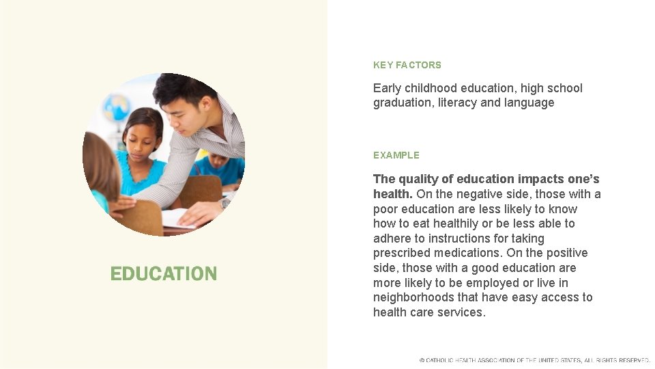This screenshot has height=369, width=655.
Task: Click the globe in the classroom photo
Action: (117, 108)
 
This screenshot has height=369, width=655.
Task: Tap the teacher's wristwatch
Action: (225, 202)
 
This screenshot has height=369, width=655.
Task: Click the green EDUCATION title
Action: (164, 274)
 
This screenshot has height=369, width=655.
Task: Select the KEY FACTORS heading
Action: (407, 65)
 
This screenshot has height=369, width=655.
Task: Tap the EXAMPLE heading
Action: (396, 155)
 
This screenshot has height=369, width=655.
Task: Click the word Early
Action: (387, 88)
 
